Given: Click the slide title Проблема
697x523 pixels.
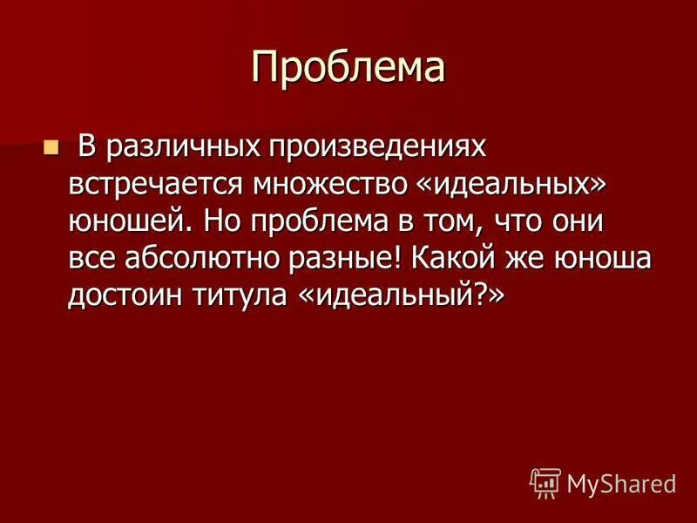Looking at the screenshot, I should pos(348,67).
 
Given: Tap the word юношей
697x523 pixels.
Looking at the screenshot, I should pos(131,223).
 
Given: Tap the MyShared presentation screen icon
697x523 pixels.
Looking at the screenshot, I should pos(545,482).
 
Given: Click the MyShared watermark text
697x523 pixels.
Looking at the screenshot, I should pos(621,483).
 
